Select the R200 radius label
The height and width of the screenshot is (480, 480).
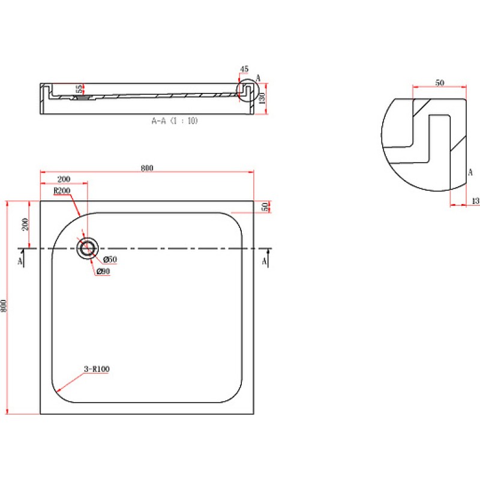point(62,191)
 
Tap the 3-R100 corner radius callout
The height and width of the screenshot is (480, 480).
point(97,369)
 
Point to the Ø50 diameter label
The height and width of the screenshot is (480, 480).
point(110,260)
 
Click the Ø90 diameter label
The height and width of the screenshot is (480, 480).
point(103,271)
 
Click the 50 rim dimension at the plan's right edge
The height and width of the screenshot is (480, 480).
point(265,206)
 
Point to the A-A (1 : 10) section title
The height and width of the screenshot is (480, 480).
point(175,121)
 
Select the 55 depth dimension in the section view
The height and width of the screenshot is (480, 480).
point(79,89)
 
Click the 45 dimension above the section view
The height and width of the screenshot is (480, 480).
point(244,69)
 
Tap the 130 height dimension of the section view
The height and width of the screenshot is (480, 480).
point(262,98)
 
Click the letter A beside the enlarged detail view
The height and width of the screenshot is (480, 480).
point(470,172)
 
